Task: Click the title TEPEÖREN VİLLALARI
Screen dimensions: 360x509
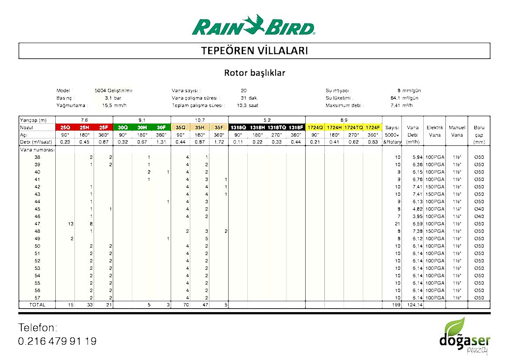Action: click(x=254, y=50)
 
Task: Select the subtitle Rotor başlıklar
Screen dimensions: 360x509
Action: click(x=254, y=73)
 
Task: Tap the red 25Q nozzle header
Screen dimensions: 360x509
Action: click(x=65, y=128)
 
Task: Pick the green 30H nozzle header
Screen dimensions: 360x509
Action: click(x=142, y=128)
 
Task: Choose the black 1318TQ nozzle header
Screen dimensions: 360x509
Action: click(x=276, y=128)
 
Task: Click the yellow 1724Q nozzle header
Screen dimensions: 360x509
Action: click(x=315, y=128)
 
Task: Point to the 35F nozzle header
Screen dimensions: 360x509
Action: click(x=219, y=128)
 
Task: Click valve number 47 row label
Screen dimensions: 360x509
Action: click(x=37, y=224)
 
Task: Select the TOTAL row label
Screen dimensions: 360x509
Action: click(x=37, y=305)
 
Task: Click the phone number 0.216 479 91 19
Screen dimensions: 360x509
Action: click(x=57, y=341)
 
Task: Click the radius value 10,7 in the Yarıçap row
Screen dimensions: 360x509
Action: click(x=199, y=120)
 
